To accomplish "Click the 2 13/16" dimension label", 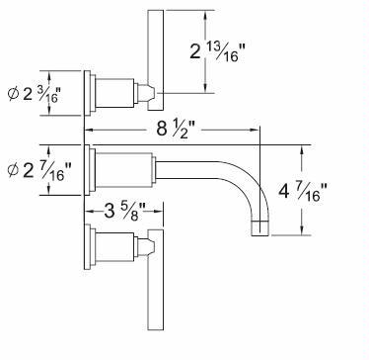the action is tap(218, 51).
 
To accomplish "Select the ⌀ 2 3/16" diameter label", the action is tap(34, 95).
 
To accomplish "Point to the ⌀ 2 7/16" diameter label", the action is tap(39, 170).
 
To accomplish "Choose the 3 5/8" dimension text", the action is tap(124, 212).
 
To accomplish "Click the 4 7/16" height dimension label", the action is tap(303, 191).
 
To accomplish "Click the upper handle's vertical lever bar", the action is tap(156, 60).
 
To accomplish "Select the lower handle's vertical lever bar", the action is tap(156, 280).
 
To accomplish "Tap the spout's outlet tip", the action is tap(260, 227).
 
